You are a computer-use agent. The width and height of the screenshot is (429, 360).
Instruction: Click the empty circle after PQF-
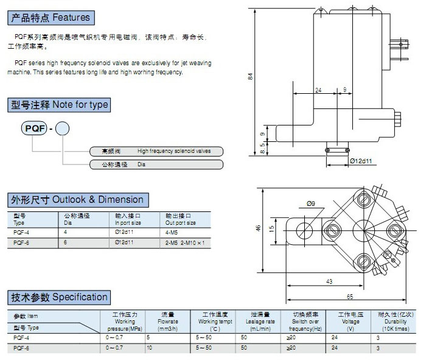tap(63, 129)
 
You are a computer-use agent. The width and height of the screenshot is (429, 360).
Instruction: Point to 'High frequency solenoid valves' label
tap(173, 150)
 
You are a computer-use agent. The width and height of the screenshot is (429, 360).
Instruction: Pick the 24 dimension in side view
tap(318, 90)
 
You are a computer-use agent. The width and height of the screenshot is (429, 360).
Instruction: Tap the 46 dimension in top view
tap(258, 228)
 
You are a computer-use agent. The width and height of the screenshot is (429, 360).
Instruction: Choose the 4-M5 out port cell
tap(173, 233)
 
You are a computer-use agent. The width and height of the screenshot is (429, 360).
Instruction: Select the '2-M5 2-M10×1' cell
tap(186, 242)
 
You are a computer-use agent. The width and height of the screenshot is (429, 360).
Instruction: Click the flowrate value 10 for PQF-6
tap(149, 348)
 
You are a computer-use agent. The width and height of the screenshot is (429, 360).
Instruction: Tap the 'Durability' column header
tap(396, 321)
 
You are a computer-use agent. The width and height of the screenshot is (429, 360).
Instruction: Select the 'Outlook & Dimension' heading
tap(77, 200)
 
